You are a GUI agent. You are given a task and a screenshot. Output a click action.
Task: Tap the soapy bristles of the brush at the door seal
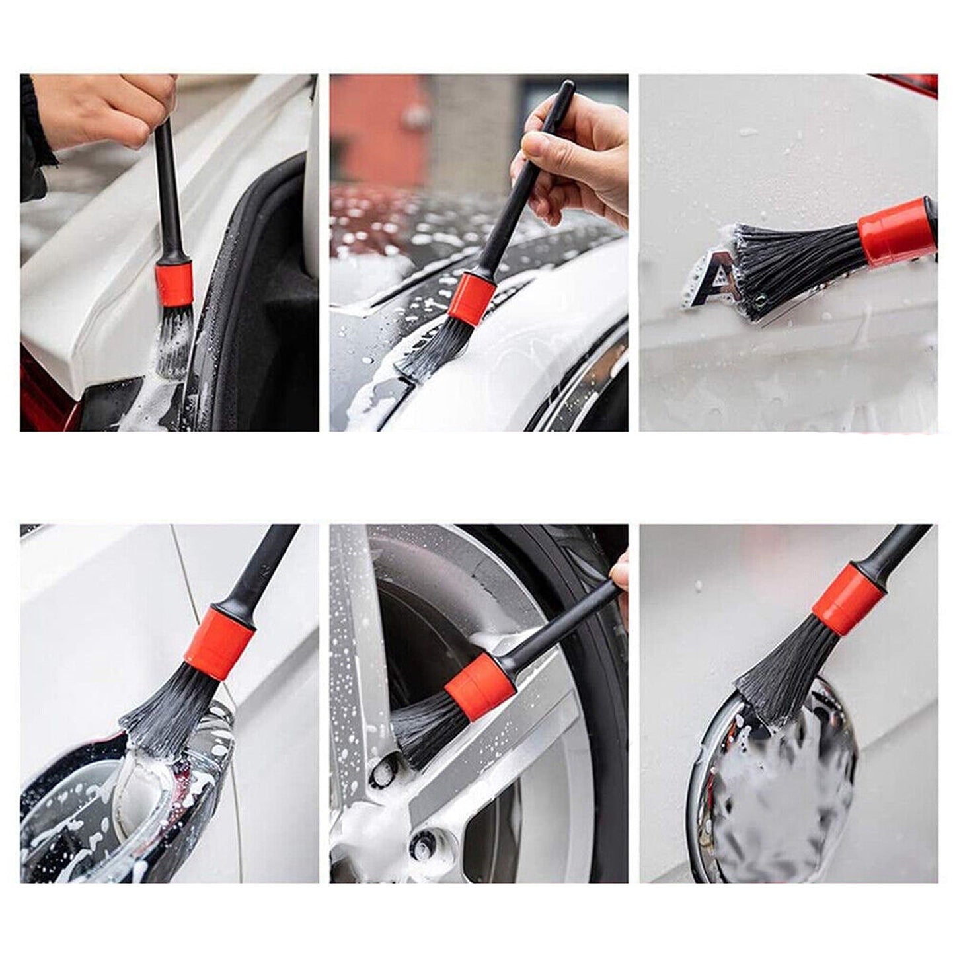pos(175,340)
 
